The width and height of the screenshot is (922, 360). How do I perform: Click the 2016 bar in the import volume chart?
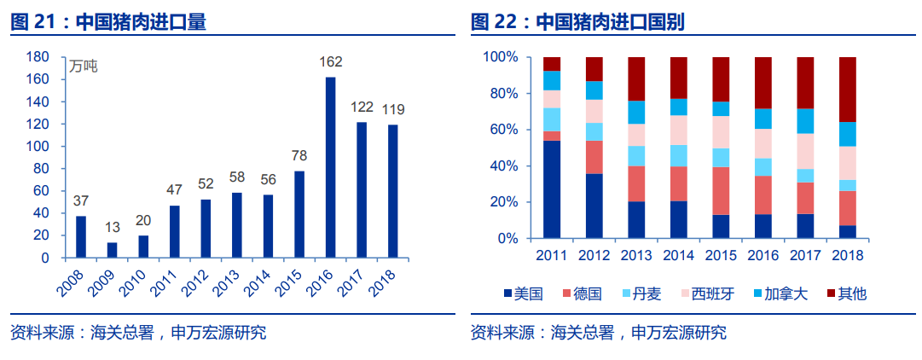(x=331, y=167)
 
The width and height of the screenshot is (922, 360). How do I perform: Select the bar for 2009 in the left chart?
(x=112, y=249)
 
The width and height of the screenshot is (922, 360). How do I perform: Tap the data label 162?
(x=331, y=62)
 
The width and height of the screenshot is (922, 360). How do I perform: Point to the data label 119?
(x=393, y=109)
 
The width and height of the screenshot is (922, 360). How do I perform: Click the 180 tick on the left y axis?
(x=37, y=57)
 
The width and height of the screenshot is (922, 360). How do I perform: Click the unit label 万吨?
(x=84, y=67)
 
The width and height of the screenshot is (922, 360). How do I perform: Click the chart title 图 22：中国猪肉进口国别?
(x=579, y=22)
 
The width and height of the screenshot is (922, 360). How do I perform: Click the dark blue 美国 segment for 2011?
(x=552, y=189)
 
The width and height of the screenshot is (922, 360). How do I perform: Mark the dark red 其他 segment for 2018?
(x=848, y=90)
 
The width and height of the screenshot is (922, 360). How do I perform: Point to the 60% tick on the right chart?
(x=502, y=130)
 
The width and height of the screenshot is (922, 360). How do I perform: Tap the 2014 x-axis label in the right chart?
(x=679, y=255)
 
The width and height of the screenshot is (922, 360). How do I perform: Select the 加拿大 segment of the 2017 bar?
(x=805, y=121)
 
